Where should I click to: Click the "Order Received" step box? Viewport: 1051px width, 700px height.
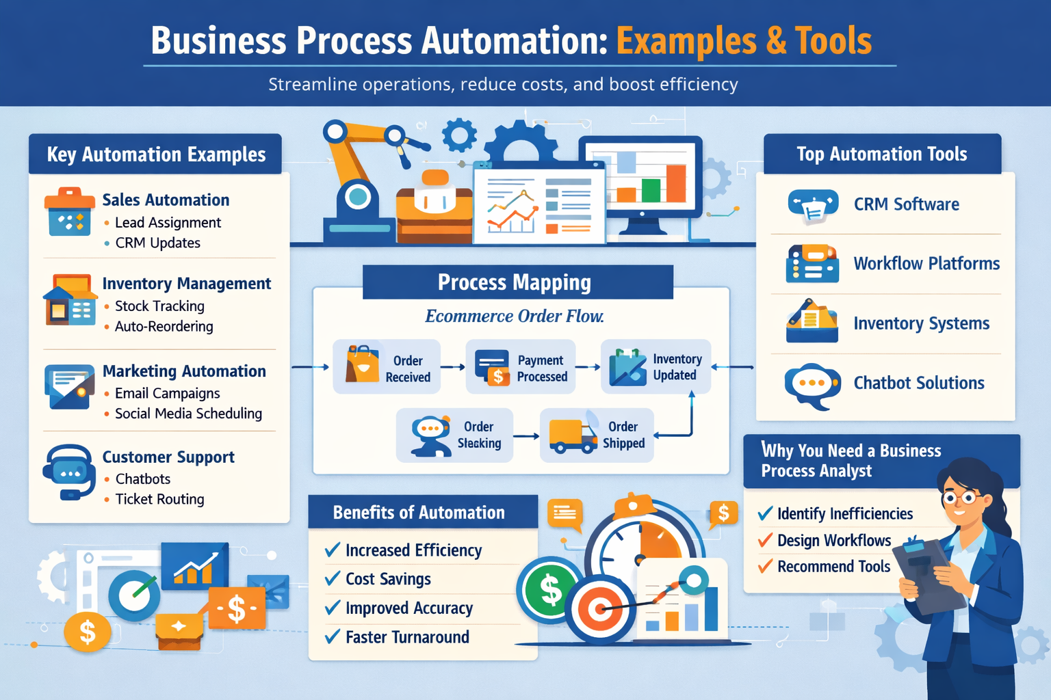pos(387,368)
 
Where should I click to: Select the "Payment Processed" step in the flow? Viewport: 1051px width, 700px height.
pos(521,368)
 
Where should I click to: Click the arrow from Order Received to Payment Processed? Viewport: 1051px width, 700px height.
pos(452,367)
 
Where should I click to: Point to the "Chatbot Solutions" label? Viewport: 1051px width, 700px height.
pos(918,383)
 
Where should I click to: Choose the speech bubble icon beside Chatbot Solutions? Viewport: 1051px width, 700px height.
pos(812,385)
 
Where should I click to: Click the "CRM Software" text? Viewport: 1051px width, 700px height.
pos(906,204)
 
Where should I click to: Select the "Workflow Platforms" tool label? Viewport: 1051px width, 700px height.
pos(926,264)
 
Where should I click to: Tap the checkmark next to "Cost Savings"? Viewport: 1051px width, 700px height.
pos(333,578)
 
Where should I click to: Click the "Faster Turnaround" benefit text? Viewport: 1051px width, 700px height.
pos(407,637)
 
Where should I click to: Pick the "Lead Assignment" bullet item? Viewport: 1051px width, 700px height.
pos(168,223)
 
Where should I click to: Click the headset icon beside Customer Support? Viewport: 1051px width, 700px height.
pos(68,471)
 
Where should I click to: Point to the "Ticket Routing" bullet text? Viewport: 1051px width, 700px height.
pos(159,500)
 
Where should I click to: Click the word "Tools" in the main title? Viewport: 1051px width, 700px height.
pos(833,41)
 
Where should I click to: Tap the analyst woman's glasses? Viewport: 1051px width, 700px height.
pos(959,497)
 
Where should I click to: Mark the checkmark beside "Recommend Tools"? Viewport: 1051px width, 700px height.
pos(766,566)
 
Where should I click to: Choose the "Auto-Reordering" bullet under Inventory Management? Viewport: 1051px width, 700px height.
pos(164,327)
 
